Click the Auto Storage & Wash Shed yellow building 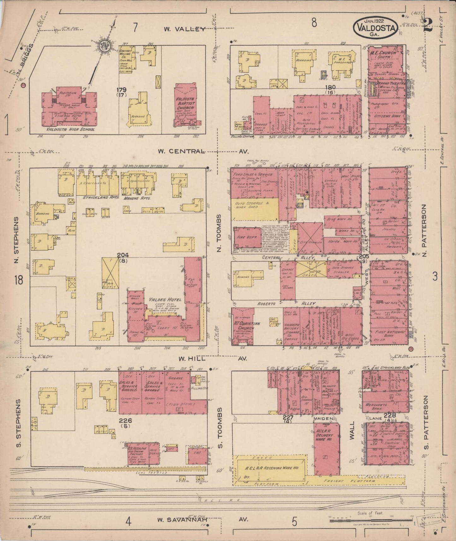(x=254, y=209)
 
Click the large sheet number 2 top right (x=428, y=25)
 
